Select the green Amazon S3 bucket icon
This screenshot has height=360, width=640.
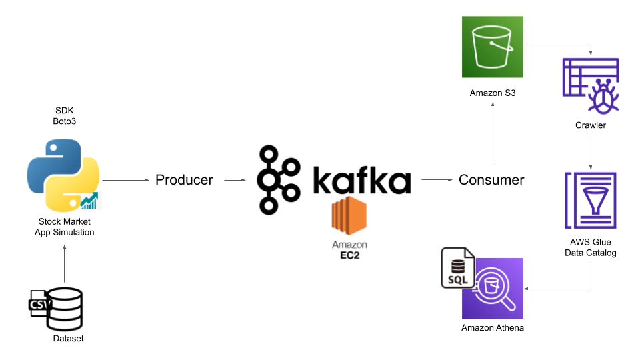(x=493, y=47)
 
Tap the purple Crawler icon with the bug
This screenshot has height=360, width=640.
(x=591, y=85)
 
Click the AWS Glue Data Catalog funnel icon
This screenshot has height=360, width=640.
(x=591, y=200)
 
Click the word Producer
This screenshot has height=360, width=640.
(x=184, y=180)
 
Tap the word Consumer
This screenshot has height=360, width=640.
(x=492, y=180)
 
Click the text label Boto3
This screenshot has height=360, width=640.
(x=65, y=121)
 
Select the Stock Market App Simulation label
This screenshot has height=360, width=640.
(x=65, y=227)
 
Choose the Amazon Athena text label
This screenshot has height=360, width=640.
(x=493, y=328)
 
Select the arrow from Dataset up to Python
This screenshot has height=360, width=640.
(x=65, y=263)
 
